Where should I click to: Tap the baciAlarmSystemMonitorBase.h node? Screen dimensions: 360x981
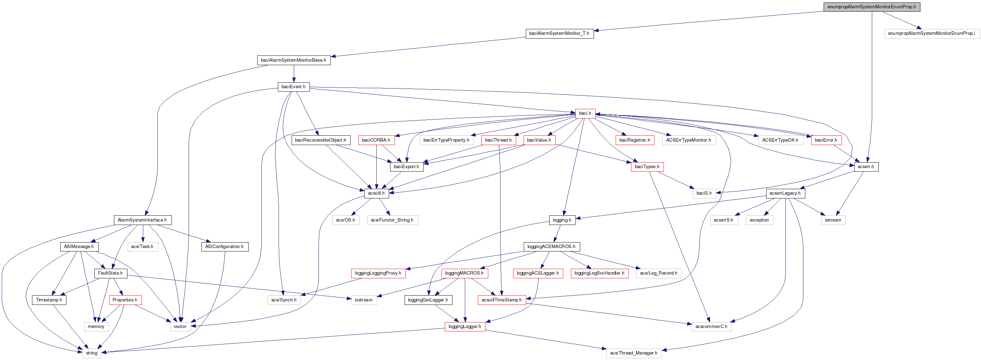(293, 60)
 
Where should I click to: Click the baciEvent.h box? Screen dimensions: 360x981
(293, 87)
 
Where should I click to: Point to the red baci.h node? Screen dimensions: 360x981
(585, 114)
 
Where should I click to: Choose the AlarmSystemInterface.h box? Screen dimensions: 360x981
(142, 220)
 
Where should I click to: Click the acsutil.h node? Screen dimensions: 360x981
(376, 194)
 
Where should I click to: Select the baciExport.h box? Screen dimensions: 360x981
(406, 167)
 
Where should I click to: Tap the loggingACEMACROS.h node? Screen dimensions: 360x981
(551, 247)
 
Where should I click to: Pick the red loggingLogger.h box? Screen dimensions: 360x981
(465, 327)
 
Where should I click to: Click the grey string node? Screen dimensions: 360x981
(91, 353)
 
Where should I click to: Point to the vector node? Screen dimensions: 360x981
(180, 327)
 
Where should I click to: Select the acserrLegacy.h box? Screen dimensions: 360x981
(785, 194)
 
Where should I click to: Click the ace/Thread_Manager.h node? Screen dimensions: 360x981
(634, 353)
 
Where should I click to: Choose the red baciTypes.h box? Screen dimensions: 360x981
(647, 167)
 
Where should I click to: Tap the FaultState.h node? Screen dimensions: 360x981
(111, 273)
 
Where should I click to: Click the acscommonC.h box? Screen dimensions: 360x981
(711, 327)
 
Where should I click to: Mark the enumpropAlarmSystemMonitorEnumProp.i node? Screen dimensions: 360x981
(931, 33)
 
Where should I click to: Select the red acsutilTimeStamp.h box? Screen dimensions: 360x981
(502, 300)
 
